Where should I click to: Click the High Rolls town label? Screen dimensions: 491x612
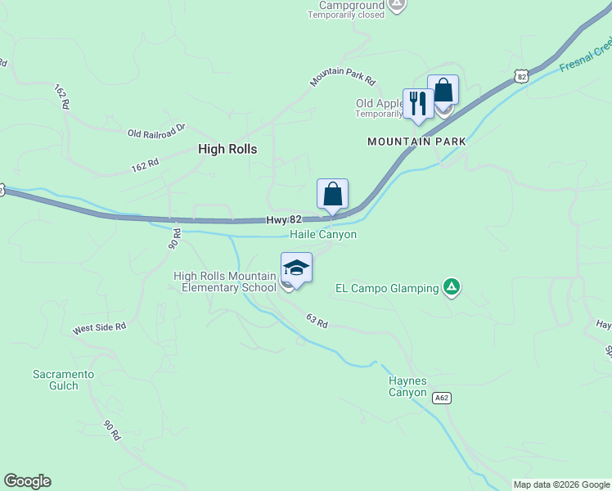tap(227, 149)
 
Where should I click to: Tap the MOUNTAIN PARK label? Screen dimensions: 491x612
tap(416, 142)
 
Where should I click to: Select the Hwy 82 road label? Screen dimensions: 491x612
tap(285, 220)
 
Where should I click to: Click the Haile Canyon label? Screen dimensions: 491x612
tap(323, 235)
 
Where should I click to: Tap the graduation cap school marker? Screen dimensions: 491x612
tap(296, 268)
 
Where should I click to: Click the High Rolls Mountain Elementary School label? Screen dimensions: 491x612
tap(225, 282)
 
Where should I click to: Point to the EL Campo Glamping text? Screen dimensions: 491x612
tap(388, 288)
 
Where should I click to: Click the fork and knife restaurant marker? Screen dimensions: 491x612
tap(418, 103)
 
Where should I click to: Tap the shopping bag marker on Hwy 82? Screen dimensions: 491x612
tap(332, 195)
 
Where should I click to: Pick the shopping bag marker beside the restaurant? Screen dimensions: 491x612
tap(443, 90)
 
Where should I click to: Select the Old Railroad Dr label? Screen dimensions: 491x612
tap(157, 130)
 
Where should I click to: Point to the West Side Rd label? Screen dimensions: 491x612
tap(99, 327)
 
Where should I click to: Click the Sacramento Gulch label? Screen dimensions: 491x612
tap(64, 380)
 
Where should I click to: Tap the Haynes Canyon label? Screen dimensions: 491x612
tap(407, 386)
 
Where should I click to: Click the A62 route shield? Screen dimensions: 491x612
tap(441, 398)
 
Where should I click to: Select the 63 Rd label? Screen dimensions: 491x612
tap(317, 321)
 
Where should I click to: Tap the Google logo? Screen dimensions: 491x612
tap(27, 481)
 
